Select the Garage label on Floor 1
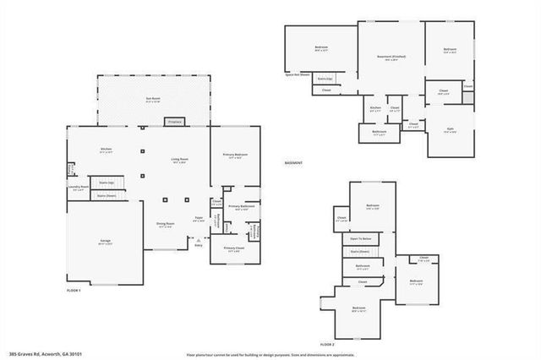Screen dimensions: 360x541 point(106,242)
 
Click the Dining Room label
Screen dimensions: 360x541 point(165,225)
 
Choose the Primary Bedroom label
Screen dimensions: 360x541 point(235,155)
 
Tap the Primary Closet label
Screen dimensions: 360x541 point(232,249)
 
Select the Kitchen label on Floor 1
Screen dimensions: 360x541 point(107,150)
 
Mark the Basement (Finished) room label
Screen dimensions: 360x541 point(391,57)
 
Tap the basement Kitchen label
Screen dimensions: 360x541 point(375,109)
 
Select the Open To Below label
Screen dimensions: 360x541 point(361,239)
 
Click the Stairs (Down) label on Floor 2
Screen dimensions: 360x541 point(359,251)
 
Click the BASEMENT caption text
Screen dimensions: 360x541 point(293,162)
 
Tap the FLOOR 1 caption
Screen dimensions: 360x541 point(74,290)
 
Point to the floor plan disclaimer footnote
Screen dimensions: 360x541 point(270,353)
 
